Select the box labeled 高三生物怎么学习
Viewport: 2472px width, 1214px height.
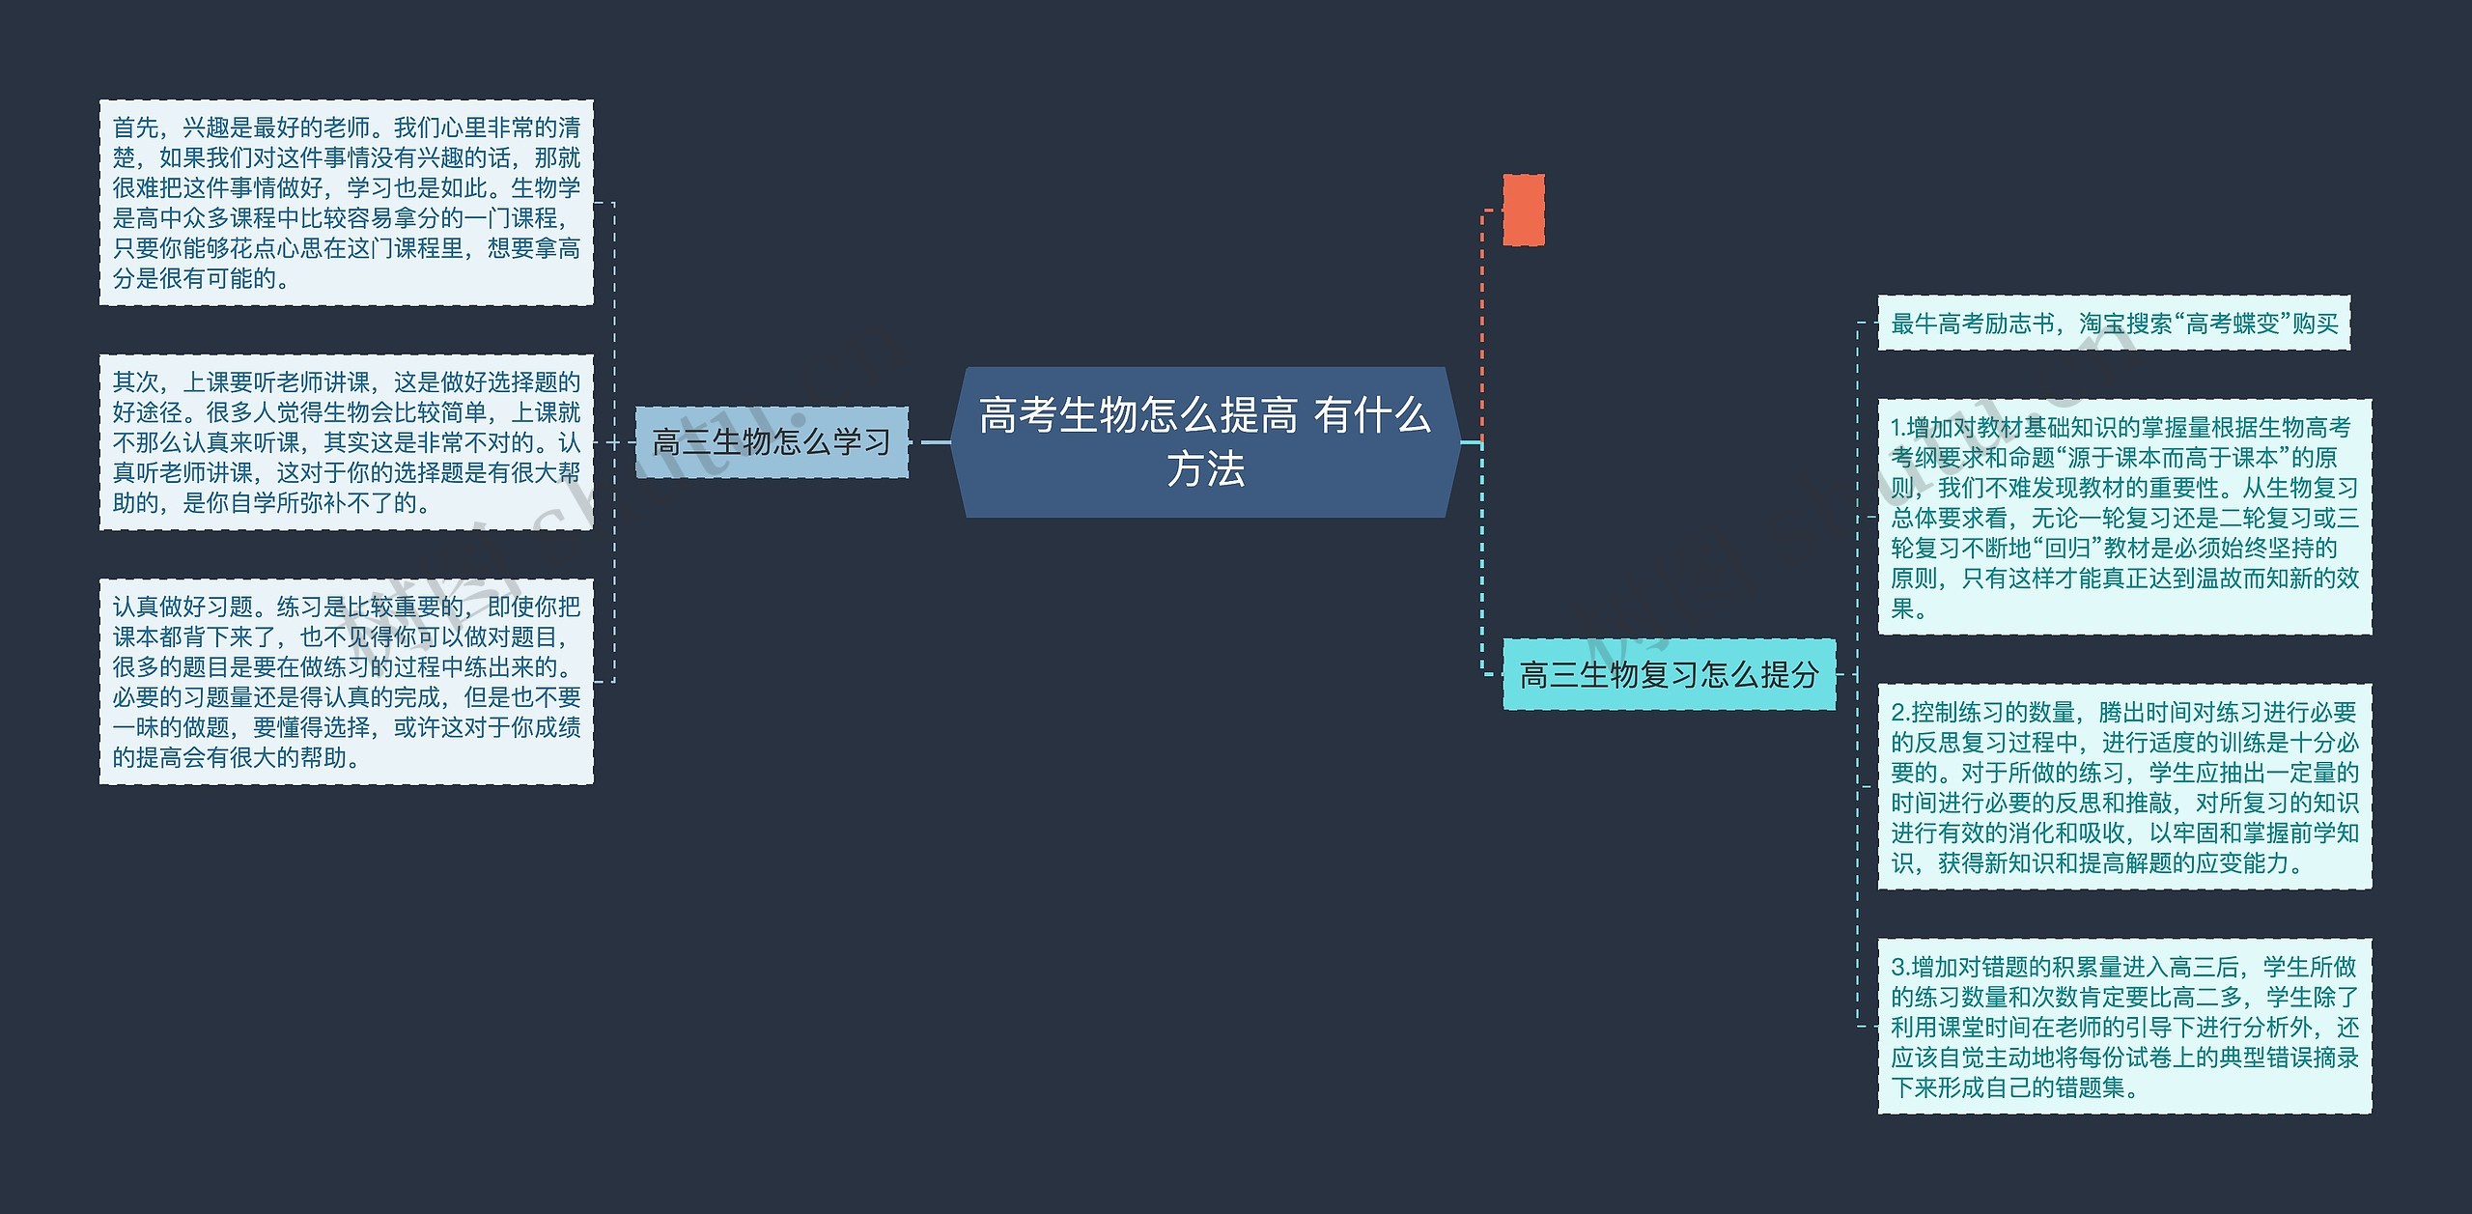pyautogui.click(x=771, y=442)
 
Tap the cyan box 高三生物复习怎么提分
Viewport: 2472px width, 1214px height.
pyautogui.click(x=1669, y=674)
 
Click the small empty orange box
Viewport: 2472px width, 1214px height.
pyautogui.click(x=1523, y=210)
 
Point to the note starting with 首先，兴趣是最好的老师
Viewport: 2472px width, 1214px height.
pyautogui.click(x=346, y=203)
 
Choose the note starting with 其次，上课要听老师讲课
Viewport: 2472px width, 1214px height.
pyautogui.click(x=346, y=442)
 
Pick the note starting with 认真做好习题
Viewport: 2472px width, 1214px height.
pyautogui.click(x=346, y=682)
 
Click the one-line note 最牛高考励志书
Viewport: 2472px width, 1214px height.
pyautogui.click(x=2113, y=323)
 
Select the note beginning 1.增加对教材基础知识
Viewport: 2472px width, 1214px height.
pyautogui.click(x=2124, y=517)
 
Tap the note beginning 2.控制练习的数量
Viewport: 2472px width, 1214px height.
pyautogui.click(x=2124, y=787)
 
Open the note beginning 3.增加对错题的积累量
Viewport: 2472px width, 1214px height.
pyautogui.click(x=2124, y=1027)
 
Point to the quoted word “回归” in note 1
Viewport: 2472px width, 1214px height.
pyautogui.click(x=2066, y=549)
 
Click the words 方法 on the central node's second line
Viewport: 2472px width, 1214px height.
pyautogui.click(x=1205, y=470)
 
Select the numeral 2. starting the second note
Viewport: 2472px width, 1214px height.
pyautogui.click(x=1900, y=713)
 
